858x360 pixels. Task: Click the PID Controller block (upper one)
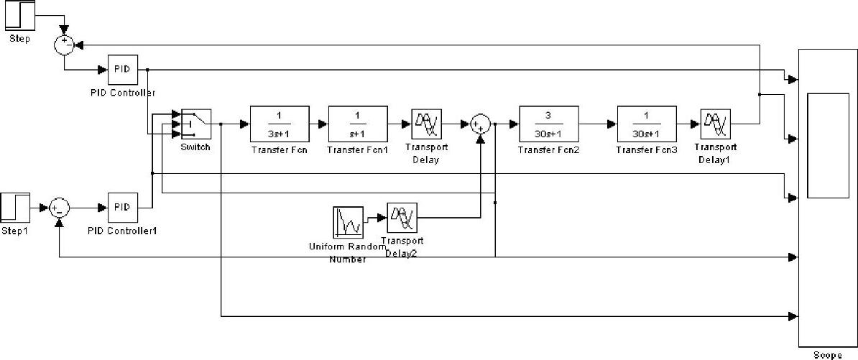click(122, 70)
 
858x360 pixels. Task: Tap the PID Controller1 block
click(122, 208)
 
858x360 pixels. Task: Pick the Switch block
click(195, 126)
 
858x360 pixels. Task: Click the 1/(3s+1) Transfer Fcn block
click(280, 124)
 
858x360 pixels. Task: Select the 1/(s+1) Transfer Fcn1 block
click(358, 124)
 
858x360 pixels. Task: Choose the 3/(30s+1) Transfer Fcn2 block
click(548, 124)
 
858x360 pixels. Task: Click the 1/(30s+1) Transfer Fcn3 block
click(646, 124)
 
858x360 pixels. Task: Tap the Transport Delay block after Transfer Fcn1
click(427, 124)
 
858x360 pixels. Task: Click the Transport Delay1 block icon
click(715, 124)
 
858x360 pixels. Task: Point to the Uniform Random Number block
click(348, 222)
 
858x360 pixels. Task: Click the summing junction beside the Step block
click(65, 45)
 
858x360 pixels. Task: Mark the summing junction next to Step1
click(60, 208)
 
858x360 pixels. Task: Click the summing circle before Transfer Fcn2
click(480, 124)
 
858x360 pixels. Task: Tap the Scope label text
click(828, 355)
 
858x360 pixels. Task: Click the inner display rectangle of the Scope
click(828, 145)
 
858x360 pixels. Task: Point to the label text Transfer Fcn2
click(548, 149)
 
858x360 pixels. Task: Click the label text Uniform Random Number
click(348, 252)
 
